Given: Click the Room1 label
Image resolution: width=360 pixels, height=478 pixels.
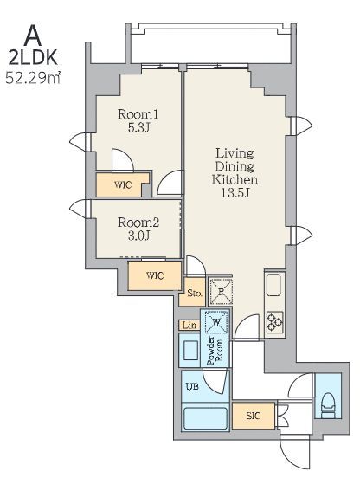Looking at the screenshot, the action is pos(138,114).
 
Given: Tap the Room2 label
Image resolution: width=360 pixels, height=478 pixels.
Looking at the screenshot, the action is pos(138,223).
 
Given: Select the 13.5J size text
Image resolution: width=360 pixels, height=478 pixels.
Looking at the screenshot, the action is pos(235,193).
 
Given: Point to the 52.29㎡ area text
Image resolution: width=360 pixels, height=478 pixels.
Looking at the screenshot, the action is pos(33,78).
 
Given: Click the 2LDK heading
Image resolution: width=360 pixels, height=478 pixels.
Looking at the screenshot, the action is pos(33,58).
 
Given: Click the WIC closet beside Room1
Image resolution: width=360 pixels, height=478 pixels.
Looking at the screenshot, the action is pos(123,185).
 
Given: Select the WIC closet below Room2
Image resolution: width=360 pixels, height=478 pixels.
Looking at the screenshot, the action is pos(155,275).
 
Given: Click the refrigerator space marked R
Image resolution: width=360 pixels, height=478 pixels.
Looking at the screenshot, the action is pos(221,292).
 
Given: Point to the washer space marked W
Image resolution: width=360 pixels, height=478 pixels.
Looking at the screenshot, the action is pos(216,322).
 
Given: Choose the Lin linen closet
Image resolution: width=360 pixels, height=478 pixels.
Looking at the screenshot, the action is pos(190,326).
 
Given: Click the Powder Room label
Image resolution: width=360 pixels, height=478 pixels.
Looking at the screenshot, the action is pos(215,351).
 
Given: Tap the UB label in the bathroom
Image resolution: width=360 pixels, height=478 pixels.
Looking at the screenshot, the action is pos(192,386).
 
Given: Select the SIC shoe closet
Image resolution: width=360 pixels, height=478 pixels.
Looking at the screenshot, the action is pos(254,416).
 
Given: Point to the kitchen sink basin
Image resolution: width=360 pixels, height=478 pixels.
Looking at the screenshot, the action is pos(273,285).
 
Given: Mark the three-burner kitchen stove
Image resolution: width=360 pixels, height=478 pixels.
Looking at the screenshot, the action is pos(275,322).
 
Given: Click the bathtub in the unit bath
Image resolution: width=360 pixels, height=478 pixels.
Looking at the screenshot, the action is pos(206,419).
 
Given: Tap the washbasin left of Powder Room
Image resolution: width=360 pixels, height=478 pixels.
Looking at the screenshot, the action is pos(190,351).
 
